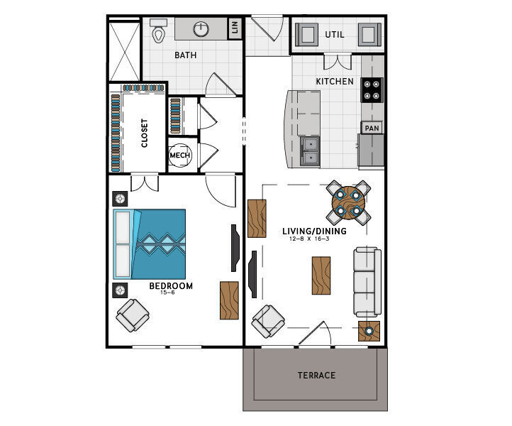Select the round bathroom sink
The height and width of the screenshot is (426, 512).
(202, 29)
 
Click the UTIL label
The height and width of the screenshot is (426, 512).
(334, 34)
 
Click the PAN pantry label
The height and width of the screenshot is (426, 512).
(372, 129)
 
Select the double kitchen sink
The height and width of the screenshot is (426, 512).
(311, 151)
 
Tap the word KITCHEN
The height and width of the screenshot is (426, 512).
(334, 82)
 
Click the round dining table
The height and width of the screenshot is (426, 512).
(348, 202)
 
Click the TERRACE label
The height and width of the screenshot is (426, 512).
(316, 375)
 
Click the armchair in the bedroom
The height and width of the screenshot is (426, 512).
(133, 315)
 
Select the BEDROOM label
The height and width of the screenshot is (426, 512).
(171, 286)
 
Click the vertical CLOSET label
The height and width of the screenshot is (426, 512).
(145, 133)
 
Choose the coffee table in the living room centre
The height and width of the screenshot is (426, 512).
(321, 275)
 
